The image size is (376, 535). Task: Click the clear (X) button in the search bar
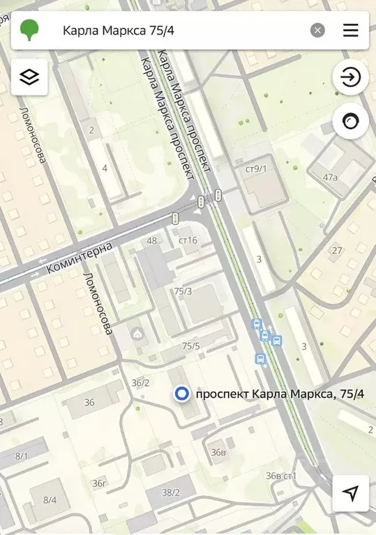[317, 30]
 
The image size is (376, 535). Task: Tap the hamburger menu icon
[350, 30]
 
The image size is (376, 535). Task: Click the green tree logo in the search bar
[30, 30]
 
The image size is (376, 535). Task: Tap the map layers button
[29, 77]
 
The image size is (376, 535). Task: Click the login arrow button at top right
[350, 77]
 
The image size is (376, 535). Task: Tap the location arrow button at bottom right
[350, 493]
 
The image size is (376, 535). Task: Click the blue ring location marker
[182, 394]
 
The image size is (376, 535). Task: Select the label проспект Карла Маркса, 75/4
[280, 394]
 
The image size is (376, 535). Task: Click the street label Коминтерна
[79, 258]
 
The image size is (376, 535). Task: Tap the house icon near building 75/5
[138, 334]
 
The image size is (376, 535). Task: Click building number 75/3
[183, 291]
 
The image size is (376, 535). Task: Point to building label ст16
[188, 240]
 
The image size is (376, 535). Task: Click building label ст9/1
[256, 169]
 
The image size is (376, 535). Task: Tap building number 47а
[330, 177]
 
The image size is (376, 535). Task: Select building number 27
[337, 251]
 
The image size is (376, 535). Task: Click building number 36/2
[140, 382]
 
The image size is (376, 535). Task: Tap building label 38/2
[171, 493]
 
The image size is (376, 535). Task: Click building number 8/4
[50, 499]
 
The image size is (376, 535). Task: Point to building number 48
[151, 241]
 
